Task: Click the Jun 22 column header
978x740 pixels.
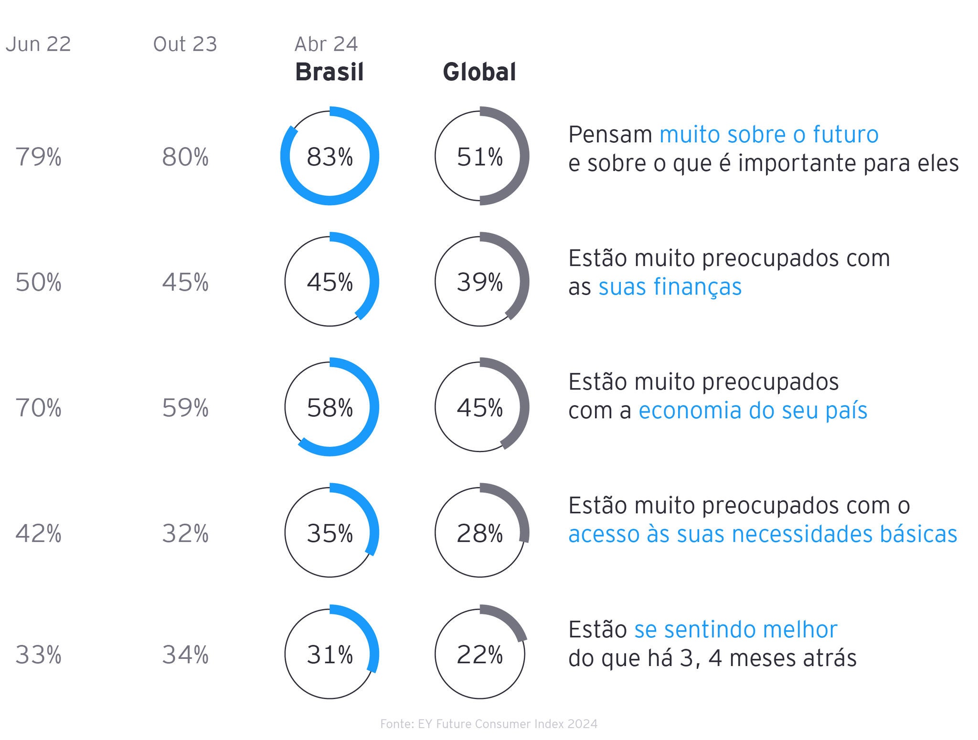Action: (x=38, y=44)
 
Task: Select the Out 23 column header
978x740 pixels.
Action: (x=185, y=44)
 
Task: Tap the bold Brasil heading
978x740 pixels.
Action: (x=330, y=72)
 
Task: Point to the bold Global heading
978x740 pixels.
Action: (x=479, y=72)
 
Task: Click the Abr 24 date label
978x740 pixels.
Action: (x=326, y=44)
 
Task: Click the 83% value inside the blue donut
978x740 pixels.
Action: (x=330, y=157)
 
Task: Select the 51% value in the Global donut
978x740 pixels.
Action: (x=480, y=157)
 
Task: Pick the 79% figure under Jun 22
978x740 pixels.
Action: (x=38, y=157)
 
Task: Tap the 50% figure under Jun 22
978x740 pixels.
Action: (x=38, y=282)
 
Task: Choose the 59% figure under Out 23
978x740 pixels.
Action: (x=185, y=408)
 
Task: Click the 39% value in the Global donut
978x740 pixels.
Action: (x=480, y=282)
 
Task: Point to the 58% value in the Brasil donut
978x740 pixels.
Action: (x=330, y=408)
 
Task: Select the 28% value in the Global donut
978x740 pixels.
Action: (x=480, y=533)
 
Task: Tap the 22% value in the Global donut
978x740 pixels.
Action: (x=480, y=655)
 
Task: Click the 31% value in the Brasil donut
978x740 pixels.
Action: (x=330, y=655)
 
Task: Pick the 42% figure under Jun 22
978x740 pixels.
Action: (x=38, y=533)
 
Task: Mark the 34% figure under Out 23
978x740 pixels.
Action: (x=185, y=655)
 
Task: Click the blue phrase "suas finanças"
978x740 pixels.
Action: (x=670, y=287)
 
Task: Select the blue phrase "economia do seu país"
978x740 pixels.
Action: (x=753, y=411)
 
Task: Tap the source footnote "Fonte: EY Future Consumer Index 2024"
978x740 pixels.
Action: (x=489, y=724)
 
